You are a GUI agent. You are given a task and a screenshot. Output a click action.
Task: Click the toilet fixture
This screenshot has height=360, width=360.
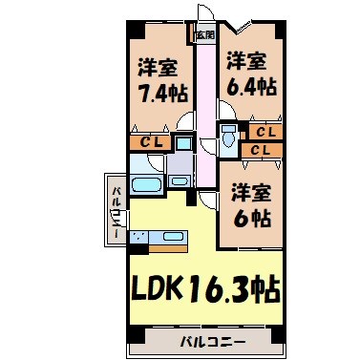[x=228, y=138]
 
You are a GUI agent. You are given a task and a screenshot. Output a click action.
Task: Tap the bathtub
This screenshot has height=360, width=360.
[x=146, y=184]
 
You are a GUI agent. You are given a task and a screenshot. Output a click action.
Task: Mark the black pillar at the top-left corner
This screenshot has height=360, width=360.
[x=133, y=25]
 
